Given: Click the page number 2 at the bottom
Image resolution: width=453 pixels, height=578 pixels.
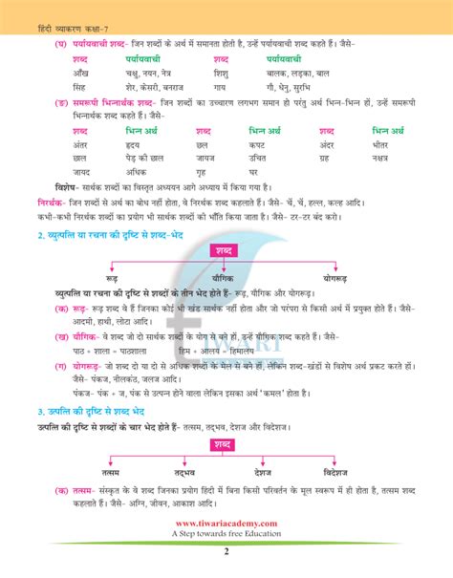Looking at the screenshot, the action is click(226, 550).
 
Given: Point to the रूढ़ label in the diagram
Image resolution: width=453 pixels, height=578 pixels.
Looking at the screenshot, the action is click(112, 277).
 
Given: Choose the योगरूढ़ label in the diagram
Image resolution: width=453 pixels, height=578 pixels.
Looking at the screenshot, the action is click(340, 277).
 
